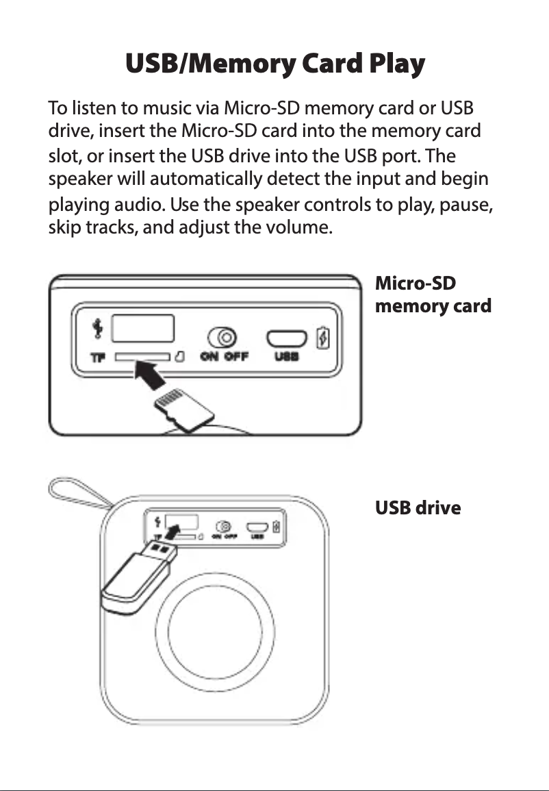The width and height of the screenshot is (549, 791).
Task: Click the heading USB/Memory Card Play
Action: (x=274, y=64)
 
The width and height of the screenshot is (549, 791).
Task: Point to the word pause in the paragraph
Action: (x=468, y=205)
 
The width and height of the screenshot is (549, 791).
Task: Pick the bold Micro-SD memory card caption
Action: (x=433, y=294)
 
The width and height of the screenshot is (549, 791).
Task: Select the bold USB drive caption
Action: (x=418, y=508)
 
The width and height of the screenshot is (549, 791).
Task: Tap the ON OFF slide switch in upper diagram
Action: (x=224, y=338)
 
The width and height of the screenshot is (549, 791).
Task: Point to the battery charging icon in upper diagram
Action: (x=324, y=338)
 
